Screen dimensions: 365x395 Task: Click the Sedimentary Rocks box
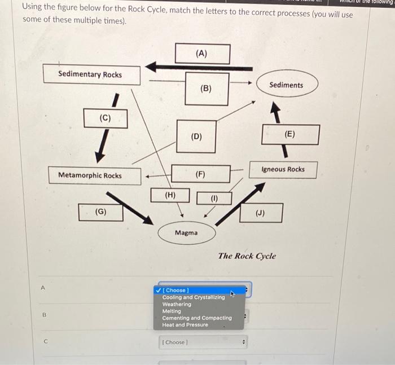click(90, 74)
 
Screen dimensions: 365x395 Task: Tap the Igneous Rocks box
click(283, 169)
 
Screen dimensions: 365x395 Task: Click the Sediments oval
click(286, 85)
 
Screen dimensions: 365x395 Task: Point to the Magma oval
click(186, 232)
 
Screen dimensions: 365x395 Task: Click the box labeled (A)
click(202, 54)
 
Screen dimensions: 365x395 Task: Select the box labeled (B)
click(207, 89)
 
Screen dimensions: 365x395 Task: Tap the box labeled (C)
click(106, 118)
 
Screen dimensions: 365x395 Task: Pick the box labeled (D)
click(196, 136)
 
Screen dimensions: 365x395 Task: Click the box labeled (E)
click(290, 134)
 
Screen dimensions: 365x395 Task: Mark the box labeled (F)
click(201, 174)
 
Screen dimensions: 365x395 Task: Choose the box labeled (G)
click(101, 212)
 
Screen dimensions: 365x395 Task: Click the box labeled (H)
click(170, 195)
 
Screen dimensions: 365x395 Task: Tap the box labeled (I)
click(214, 198)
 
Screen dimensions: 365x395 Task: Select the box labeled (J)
click(261, 213)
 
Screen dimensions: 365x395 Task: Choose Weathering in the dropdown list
click(177, 304)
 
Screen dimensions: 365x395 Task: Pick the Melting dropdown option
click(172, 311)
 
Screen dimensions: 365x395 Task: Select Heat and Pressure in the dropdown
click(185, 325)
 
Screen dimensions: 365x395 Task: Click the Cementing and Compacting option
click(197, 318)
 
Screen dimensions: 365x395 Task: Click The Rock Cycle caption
click(247, 256)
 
